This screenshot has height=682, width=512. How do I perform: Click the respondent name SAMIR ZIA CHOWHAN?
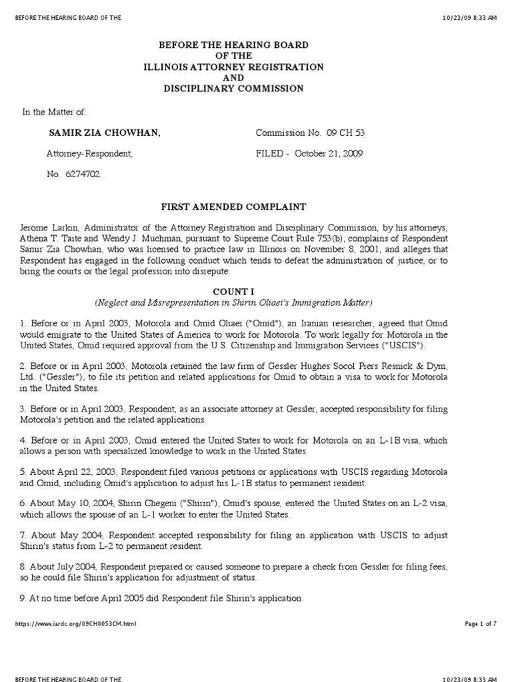coord(105,133)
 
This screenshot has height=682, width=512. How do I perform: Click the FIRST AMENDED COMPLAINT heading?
coord(233,207)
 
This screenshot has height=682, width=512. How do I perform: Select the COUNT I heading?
coord(233,292)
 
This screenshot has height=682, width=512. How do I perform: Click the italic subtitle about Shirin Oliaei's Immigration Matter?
coord(233,303)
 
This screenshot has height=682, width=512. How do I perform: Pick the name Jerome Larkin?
coord(47,228)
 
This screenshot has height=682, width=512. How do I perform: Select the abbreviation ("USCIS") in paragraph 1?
coord(402,345)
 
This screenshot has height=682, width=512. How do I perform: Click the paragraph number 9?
coord(23,599)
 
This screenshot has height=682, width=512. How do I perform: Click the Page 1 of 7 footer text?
coord(480,624)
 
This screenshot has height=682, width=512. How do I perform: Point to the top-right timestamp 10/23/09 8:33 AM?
coord(469,18)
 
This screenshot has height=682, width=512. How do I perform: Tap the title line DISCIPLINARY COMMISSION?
coord(233,89)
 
